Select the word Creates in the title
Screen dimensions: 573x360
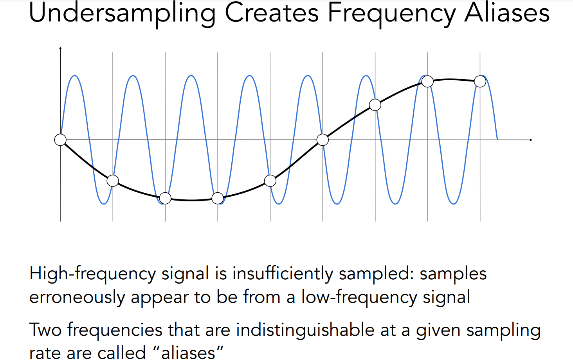point(272,13)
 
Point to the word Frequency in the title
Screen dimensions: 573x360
point(392,14)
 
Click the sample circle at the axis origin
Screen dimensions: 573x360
point(60,140)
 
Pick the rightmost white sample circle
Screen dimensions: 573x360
point(480,81)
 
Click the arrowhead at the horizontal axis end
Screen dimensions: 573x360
point(531,140)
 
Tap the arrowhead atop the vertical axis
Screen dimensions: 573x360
point(60,48)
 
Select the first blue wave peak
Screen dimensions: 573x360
point(75,76)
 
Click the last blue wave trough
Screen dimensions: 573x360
point(454,204)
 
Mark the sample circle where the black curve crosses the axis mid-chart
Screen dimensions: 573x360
point(323,140)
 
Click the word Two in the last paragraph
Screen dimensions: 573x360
point(45,330)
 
